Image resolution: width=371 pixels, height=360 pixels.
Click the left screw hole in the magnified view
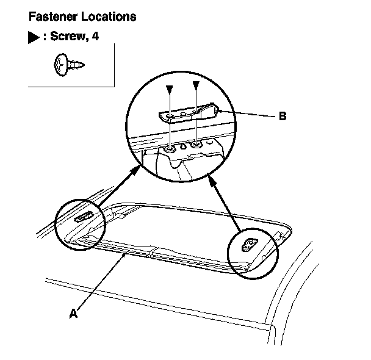tap(168, 148)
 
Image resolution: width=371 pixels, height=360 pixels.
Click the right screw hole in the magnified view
tap(196, 145)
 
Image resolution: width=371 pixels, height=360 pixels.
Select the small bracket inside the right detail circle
tap(250, 245)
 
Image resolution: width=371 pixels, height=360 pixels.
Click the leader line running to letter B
tap(244, 114)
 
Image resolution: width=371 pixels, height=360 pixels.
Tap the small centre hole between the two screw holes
tap(182, 147)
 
